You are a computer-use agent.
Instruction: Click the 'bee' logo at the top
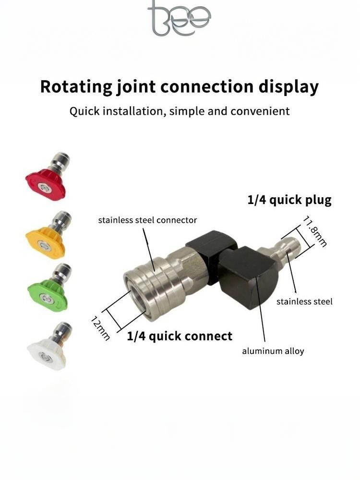(x=179, y=18)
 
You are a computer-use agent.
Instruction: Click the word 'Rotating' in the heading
(x=76, y=87)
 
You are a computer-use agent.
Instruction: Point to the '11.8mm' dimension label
(x=315, y=231)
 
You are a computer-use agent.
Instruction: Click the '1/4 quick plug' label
(x=289, y=200)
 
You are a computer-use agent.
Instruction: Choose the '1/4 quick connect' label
(x=180, y=336)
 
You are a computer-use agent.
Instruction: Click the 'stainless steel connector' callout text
(x=147, y=220)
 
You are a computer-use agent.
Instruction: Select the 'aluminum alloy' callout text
(x=273, y=351)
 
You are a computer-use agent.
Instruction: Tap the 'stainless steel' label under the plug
(x=304, y=301)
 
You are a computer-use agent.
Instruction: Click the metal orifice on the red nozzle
(x=41, y=187)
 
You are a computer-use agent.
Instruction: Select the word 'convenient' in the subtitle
(x=260, y=111)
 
